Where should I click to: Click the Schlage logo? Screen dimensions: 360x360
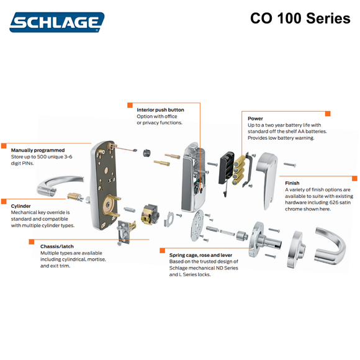pos(56,23)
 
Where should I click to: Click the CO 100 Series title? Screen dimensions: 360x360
pos(300,18)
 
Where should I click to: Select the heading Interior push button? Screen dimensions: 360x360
pos(160,110)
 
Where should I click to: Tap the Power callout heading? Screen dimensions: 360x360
pos(255,119)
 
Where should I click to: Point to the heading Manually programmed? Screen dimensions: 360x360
pos(38,150)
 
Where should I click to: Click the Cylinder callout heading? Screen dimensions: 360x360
pos(21,205)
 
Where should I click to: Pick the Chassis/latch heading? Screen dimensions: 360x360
pos(61,246)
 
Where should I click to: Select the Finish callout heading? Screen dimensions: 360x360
pos(292,183)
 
